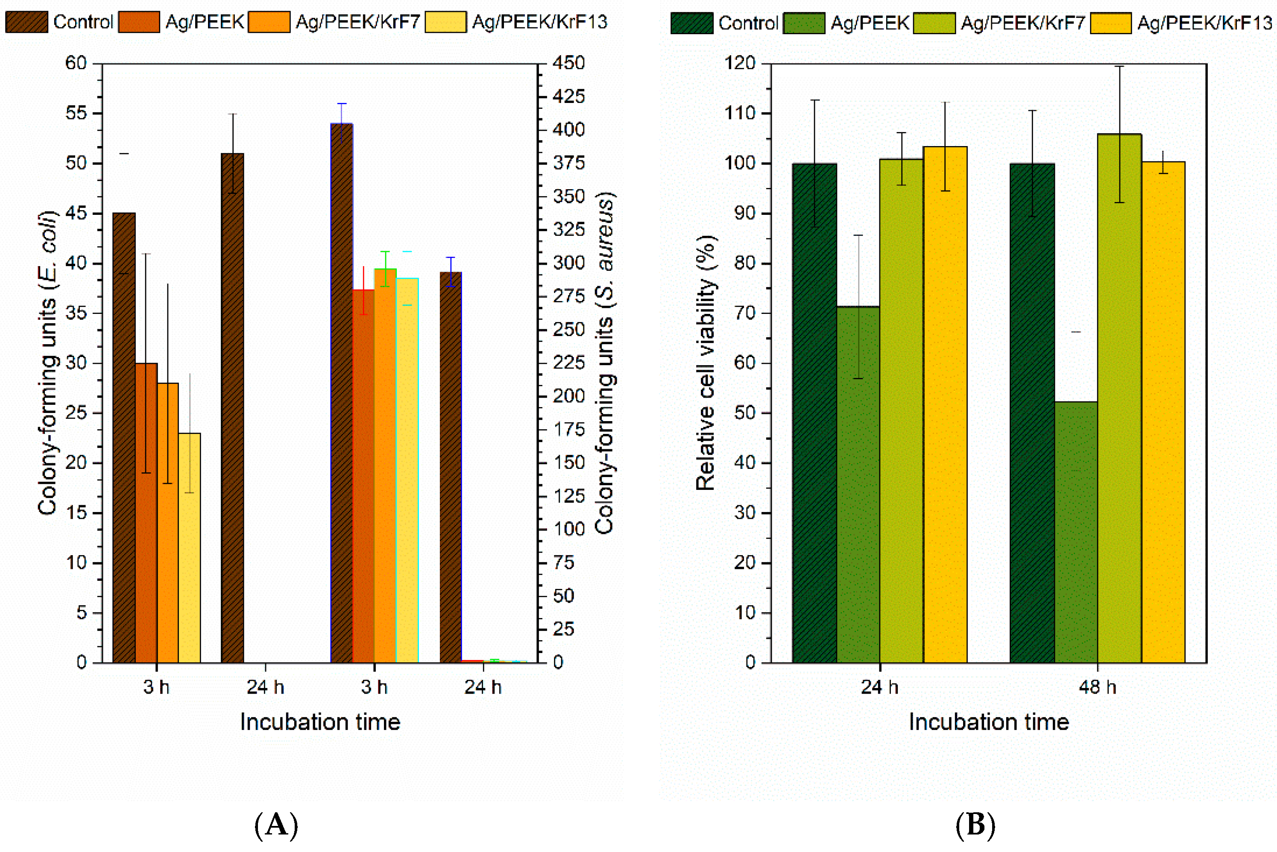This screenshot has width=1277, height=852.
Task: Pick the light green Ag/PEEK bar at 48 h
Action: (1075, 532)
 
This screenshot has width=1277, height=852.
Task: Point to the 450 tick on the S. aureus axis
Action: (568, 63)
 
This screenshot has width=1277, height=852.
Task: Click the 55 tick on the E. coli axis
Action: (76, 113)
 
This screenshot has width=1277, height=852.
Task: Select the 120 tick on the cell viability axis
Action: (740, 63)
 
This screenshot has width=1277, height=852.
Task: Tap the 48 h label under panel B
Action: (1097, 687)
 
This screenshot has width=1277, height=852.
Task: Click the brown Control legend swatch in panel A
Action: (26, 22)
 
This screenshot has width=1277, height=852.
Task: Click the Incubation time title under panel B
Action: (988, 722)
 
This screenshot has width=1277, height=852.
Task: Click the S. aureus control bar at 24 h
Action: (451, 467)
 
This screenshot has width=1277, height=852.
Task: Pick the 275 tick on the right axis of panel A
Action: (568, 296)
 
